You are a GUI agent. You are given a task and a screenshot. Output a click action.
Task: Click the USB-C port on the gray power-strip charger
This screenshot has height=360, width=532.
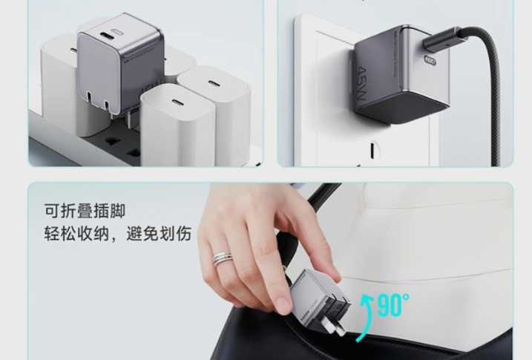point(111,33)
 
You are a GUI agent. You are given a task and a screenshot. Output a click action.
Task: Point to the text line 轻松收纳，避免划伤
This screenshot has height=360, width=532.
point(117,235)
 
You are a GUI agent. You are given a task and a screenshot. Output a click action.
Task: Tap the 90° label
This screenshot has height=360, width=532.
point(393,304)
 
